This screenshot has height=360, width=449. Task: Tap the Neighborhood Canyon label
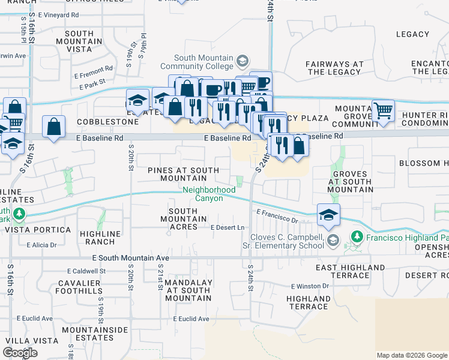(x=209, y=194)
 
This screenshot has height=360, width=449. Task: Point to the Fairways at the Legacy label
(x=335, y=68)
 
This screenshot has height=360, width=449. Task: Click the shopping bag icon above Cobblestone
(x=54, y=127)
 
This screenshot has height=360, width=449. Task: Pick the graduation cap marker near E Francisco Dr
(x=328, y=215)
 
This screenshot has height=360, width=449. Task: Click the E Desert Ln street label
(x=228, y=227)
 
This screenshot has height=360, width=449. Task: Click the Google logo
(x=20, y=353)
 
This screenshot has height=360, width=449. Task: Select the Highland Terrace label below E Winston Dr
(x=309, y=302)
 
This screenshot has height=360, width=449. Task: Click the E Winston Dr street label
(x=310, y=287)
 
